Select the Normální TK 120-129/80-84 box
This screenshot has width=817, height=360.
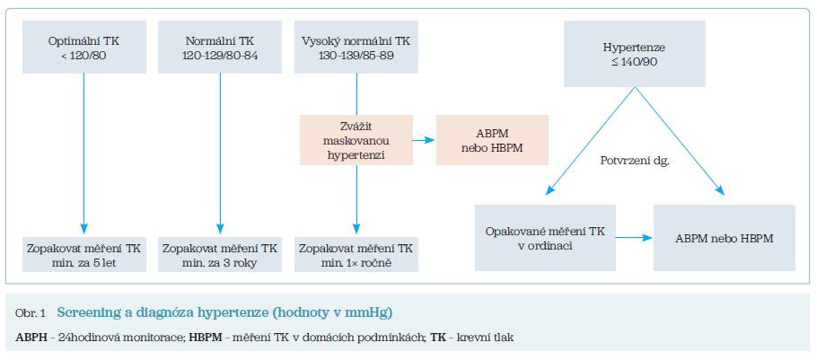click(x=219, y=47)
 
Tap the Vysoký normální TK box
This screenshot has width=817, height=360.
click(x=357, y=47)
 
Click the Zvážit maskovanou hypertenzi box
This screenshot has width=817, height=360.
click(x=357, y=138)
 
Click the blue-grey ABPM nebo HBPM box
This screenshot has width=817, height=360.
click(x=725, y=238)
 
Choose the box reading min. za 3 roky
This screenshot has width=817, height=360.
click(x=219, y=254)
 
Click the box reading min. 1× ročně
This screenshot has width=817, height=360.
click(x=357, y=254)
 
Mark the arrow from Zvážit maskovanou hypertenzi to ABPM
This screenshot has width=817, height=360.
click(x=425, y=139)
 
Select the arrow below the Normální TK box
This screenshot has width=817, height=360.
click(x=219, y=153)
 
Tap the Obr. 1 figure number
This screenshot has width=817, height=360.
click(x=32, y=313)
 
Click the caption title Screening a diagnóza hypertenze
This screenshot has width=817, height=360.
click(x=224, y=312)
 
